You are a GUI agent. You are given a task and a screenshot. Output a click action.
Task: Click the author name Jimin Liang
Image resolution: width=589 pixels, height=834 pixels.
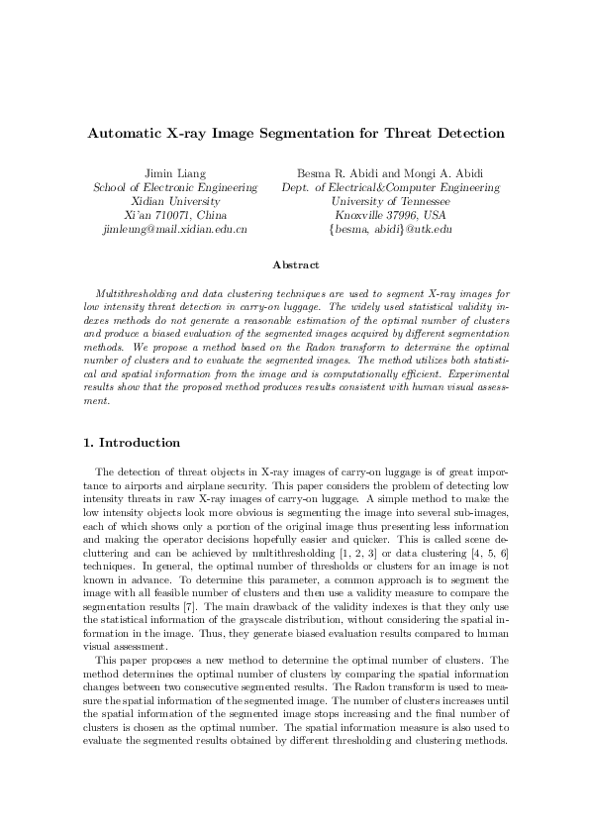[175, 174]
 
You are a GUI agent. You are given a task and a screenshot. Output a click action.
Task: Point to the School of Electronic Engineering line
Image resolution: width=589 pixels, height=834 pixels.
[175, 187]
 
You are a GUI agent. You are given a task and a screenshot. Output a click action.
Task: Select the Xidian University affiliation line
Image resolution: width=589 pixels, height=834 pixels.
[175, 201]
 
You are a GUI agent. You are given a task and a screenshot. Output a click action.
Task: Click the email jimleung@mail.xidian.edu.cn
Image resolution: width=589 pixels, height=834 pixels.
[175, 229]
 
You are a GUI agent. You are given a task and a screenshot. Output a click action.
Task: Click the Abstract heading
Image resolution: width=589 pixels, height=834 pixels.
[294, 264]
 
